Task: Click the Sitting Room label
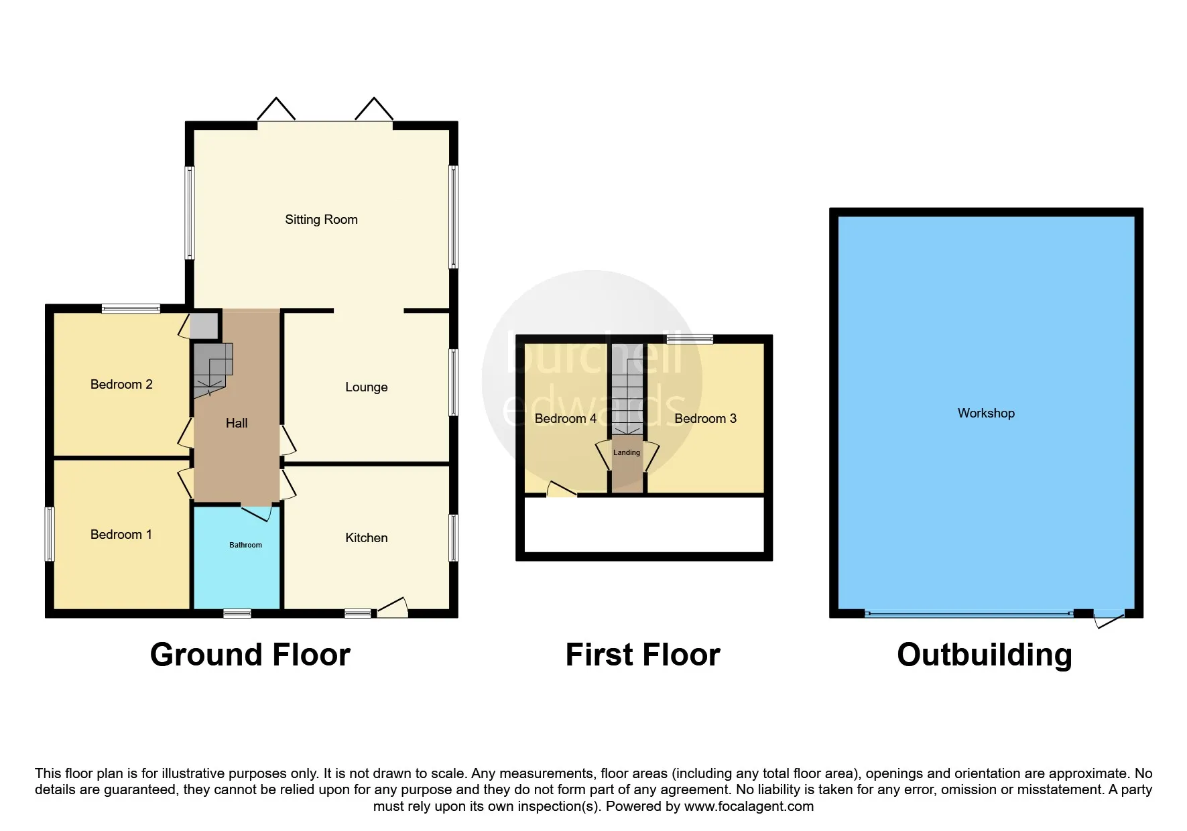tap(321, 220)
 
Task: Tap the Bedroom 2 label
tap(121, 384)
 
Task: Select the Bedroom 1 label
tap(121, 534)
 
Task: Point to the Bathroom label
tap(245, 545)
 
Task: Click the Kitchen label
tap(366, 537)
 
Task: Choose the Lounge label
tap(366, 387)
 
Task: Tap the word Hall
tap(237, 423)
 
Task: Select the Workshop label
tap(986, 413)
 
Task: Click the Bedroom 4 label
tap(565, 418)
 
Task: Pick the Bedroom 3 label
tap(705, 418)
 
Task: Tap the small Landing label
tap(627, 452)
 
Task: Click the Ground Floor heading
tap(250, 655)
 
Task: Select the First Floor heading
tap(643, 655)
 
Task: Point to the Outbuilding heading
tap(985, 655)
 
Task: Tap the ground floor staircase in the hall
tap(213, 371)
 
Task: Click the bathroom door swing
tap(257, 513)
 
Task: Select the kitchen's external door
tap(393, 607)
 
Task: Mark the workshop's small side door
tap(1109, 619)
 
